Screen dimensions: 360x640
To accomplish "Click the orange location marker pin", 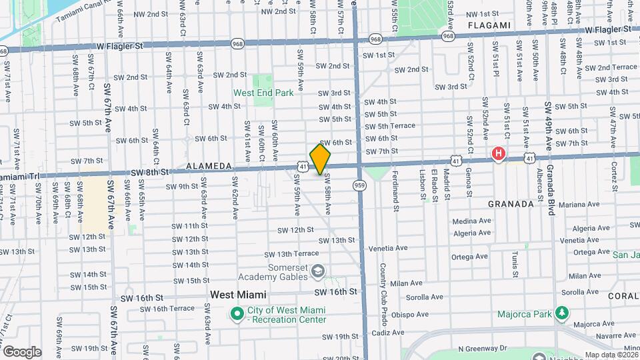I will (320, 159).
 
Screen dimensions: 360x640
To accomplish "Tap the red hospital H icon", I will (497, 154).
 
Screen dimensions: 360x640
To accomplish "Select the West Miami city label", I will (238, 294).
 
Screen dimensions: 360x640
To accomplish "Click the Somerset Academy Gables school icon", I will (319, 271).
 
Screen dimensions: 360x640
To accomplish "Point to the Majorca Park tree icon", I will (562, 313).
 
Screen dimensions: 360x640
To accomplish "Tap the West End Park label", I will (263, 93).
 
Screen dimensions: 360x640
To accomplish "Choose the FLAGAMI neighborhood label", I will (489, 25).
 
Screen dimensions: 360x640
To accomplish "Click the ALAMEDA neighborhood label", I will (208, 165).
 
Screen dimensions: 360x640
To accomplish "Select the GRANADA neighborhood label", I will (511, 203).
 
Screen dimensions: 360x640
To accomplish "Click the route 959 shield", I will (360, 185).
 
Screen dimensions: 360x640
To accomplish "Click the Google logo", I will (21, 351).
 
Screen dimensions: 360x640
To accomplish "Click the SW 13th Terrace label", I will (291, 254).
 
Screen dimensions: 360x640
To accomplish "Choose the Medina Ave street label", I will (471, 221).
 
